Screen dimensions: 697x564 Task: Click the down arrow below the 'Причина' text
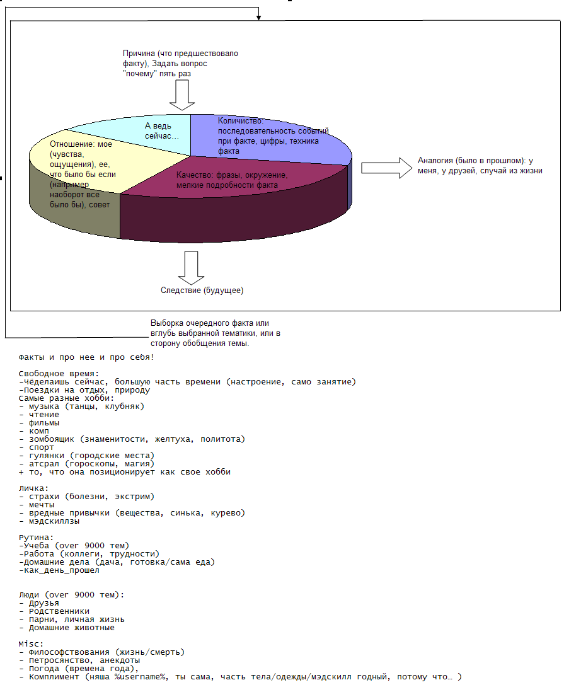coord(182,95)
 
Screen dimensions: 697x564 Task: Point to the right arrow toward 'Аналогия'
coord(385,167)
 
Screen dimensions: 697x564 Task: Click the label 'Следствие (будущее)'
coord(202,291)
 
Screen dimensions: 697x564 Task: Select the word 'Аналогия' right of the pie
coord(434,161)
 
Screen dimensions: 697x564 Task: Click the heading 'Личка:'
coord(34,488)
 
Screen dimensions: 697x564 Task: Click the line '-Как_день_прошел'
coord(59,570)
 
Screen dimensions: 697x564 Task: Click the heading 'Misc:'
coord(31,644)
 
